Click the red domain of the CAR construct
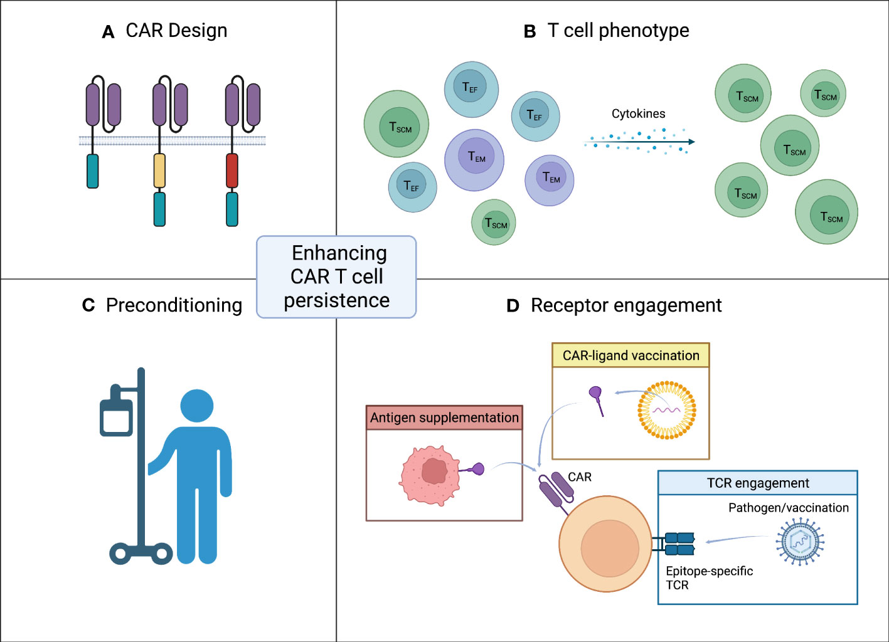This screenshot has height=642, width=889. click(x=232, y=171)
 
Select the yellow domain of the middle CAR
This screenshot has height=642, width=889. click(x=160, y=171)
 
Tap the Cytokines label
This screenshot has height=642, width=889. click(x=638, y=113)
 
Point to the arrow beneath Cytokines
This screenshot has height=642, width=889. click(x=640, y=142)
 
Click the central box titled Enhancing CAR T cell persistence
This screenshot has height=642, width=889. click(x=336, y=276)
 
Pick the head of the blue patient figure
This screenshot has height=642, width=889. click(x=197, y=406)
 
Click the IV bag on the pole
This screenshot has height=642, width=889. click(x=117, y=416)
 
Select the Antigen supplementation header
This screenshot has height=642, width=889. click(x=444, y=418)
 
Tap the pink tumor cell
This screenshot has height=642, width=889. click(x=430, y=475)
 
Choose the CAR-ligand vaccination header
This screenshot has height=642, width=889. click(x=631, y=355)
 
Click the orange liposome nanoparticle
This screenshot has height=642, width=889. click(x=667, y=410)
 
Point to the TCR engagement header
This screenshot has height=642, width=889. click(x=757, y=483)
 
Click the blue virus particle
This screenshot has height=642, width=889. click(x=800, y=542)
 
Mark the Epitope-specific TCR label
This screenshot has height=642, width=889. click(x=708, y=577)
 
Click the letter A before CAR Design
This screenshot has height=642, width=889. click(x=108, y=32)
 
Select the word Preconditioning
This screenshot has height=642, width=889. click(x=174, y=305)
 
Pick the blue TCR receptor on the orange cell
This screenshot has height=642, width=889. click(x=679, y=544)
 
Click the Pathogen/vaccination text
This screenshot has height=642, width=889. click(x=788, y=508)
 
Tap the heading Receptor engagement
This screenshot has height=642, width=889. click(x=625, y=305)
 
